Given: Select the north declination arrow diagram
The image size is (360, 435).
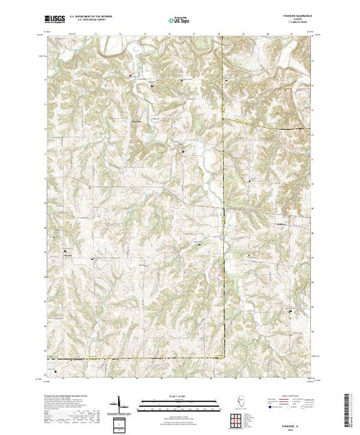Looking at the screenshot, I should (x=122, y=403).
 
